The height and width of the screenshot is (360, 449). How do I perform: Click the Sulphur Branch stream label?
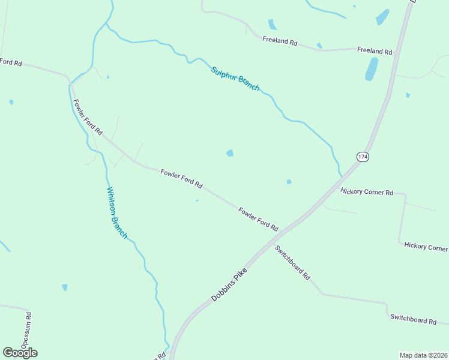(x=235, y=79)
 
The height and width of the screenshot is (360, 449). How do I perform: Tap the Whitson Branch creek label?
(x=117, y=213)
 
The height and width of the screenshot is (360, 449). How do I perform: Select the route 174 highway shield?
(x=362, y=157)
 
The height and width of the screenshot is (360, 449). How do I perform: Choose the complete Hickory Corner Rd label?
(x=366, y=192)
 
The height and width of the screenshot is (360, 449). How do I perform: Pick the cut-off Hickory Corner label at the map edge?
(x=426, y=247)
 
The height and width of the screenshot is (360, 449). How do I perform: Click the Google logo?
(x=20, y=353)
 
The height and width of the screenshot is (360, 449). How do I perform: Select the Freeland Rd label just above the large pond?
(x=374, y=52)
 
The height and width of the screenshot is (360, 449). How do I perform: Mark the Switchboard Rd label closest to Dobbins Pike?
(x=292, y=263)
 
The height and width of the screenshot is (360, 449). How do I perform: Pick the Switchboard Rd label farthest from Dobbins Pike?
(x=413, y=319)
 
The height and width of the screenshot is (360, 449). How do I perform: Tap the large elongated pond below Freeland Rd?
(x=372, y=70)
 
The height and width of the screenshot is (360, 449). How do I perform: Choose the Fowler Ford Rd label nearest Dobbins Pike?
(x=258, y=220)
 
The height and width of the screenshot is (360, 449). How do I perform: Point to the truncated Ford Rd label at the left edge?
(x=11, y=62)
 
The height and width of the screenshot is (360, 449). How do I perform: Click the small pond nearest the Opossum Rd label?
(x=65, y=287)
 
